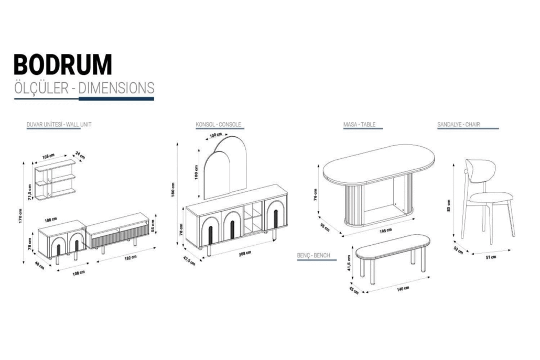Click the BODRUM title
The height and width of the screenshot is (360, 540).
tap(63, 64)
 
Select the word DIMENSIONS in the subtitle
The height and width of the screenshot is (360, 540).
tap(116, 88)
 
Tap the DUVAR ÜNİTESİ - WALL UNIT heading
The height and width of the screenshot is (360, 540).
tap(59, 125)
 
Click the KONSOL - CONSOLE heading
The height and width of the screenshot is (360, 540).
tap(218, 125)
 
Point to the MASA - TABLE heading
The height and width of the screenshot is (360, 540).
tap(359, 125)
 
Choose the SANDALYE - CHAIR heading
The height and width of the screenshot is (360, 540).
tap(458, 125)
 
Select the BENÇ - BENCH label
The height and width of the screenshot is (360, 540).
tap(314, 255)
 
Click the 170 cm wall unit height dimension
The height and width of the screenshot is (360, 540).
tap(20, 216)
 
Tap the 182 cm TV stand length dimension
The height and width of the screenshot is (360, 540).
tap(131, 258)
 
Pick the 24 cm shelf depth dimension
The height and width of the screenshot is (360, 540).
tap(80, 155)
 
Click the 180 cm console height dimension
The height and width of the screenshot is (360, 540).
tap(173, 190)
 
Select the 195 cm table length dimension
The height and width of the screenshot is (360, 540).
tap(385, 231)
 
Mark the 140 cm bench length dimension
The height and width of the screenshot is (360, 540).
tap(403, 289)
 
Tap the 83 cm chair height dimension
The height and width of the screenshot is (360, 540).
tap(448, 205)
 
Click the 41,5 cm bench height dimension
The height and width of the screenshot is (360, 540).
tap(349, 263)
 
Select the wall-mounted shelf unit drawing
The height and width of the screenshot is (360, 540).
tap(55, 180)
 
